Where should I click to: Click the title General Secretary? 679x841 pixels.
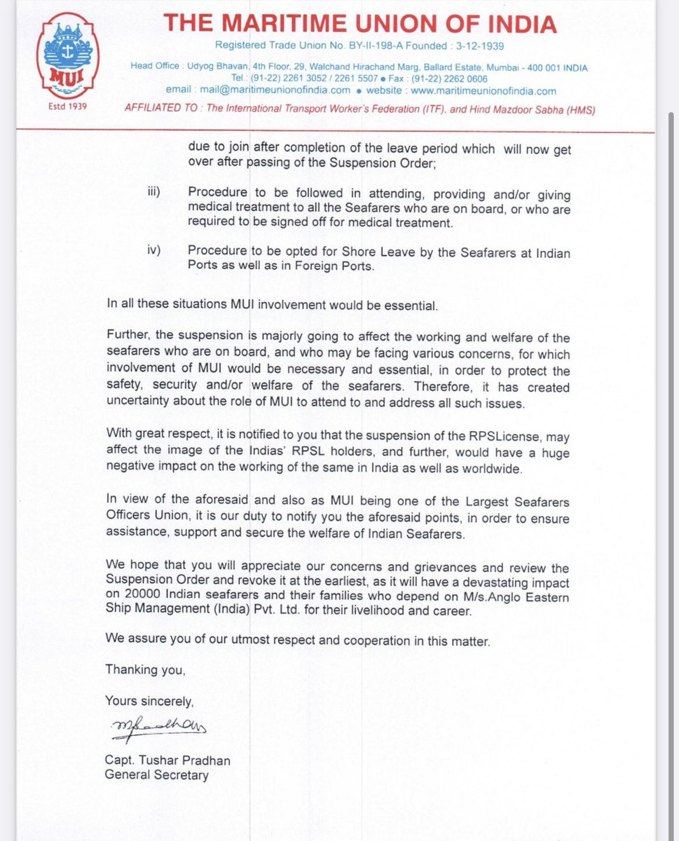pos(156,775)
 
